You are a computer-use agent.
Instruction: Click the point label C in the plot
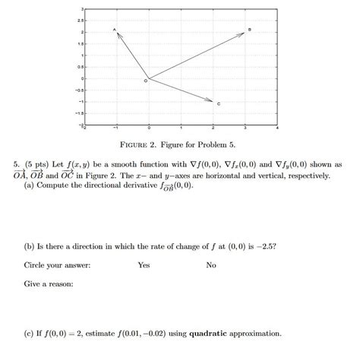[x=219, y=103]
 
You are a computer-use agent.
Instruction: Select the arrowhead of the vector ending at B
[x=243, y=33]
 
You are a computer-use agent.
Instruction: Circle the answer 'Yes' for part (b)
[x=144, y=265]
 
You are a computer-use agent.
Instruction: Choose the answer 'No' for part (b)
[x=211, y=265]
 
